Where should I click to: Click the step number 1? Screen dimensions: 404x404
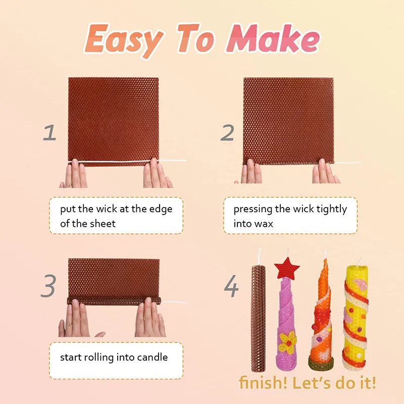[49, 133]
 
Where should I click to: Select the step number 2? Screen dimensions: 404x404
[228, 133]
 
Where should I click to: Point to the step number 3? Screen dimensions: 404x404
[48, 286]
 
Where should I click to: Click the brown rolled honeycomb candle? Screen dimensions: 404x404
[258, 318]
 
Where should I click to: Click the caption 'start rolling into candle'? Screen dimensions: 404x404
[114, 357]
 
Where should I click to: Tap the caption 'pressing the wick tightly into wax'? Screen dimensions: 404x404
[290, 216]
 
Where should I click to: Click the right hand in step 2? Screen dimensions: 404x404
[323, 173]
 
